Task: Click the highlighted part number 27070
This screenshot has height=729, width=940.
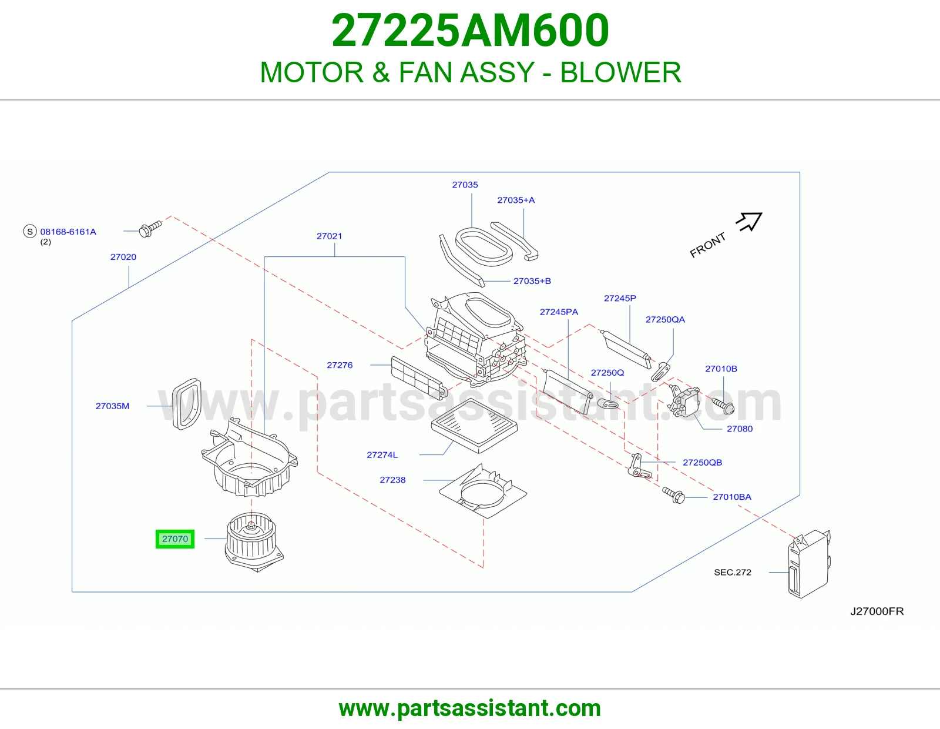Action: point(174,539)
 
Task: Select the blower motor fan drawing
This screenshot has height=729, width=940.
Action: point(254,541)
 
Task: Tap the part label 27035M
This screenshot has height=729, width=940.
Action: point(112,406)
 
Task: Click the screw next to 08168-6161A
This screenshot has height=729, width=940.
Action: point(150,229)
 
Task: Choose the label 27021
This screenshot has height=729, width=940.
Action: point(329,236)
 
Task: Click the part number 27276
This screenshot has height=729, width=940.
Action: point(340,365)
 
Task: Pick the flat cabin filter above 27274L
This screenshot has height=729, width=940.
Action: point(475,426)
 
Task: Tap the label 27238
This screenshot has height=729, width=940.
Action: point(392,480)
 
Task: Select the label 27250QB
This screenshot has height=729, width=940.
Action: point(703,462)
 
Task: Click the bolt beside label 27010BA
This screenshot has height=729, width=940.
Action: point(673,495)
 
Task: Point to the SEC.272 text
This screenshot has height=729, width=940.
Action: point(733,572)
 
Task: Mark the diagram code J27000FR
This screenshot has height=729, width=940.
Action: point(877,611)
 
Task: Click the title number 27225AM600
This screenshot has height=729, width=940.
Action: point(470,30)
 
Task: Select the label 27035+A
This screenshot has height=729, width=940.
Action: point(516,200)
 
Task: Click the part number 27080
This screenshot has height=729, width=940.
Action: point(740,429)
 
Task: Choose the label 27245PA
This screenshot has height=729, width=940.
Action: point(559,312)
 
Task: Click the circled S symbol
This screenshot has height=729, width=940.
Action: point(30,232)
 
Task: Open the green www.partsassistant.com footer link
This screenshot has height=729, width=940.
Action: point(470,708)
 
